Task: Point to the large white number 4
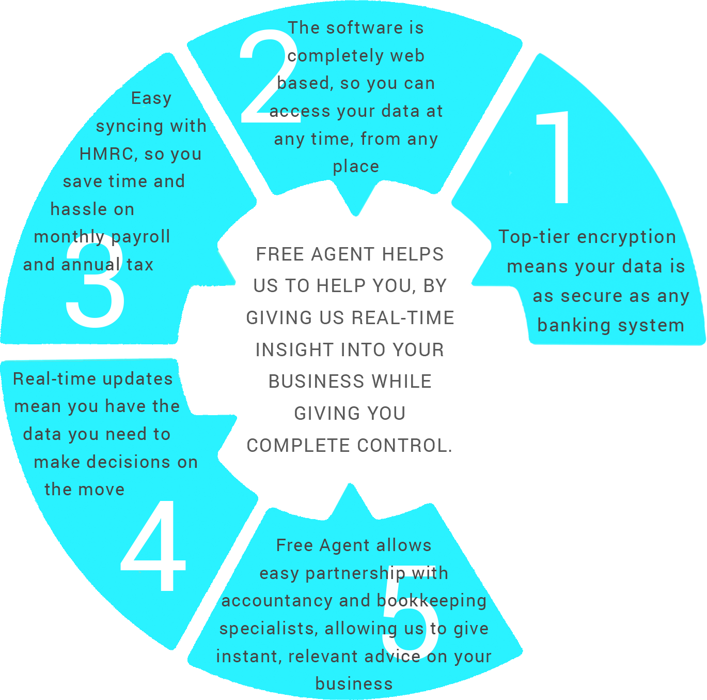coord(154,545)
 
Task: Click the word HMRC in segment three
coord(106,154)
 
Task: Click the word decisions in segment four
coord(129,462)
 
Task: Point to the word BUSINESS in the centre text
coord(316,382)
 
